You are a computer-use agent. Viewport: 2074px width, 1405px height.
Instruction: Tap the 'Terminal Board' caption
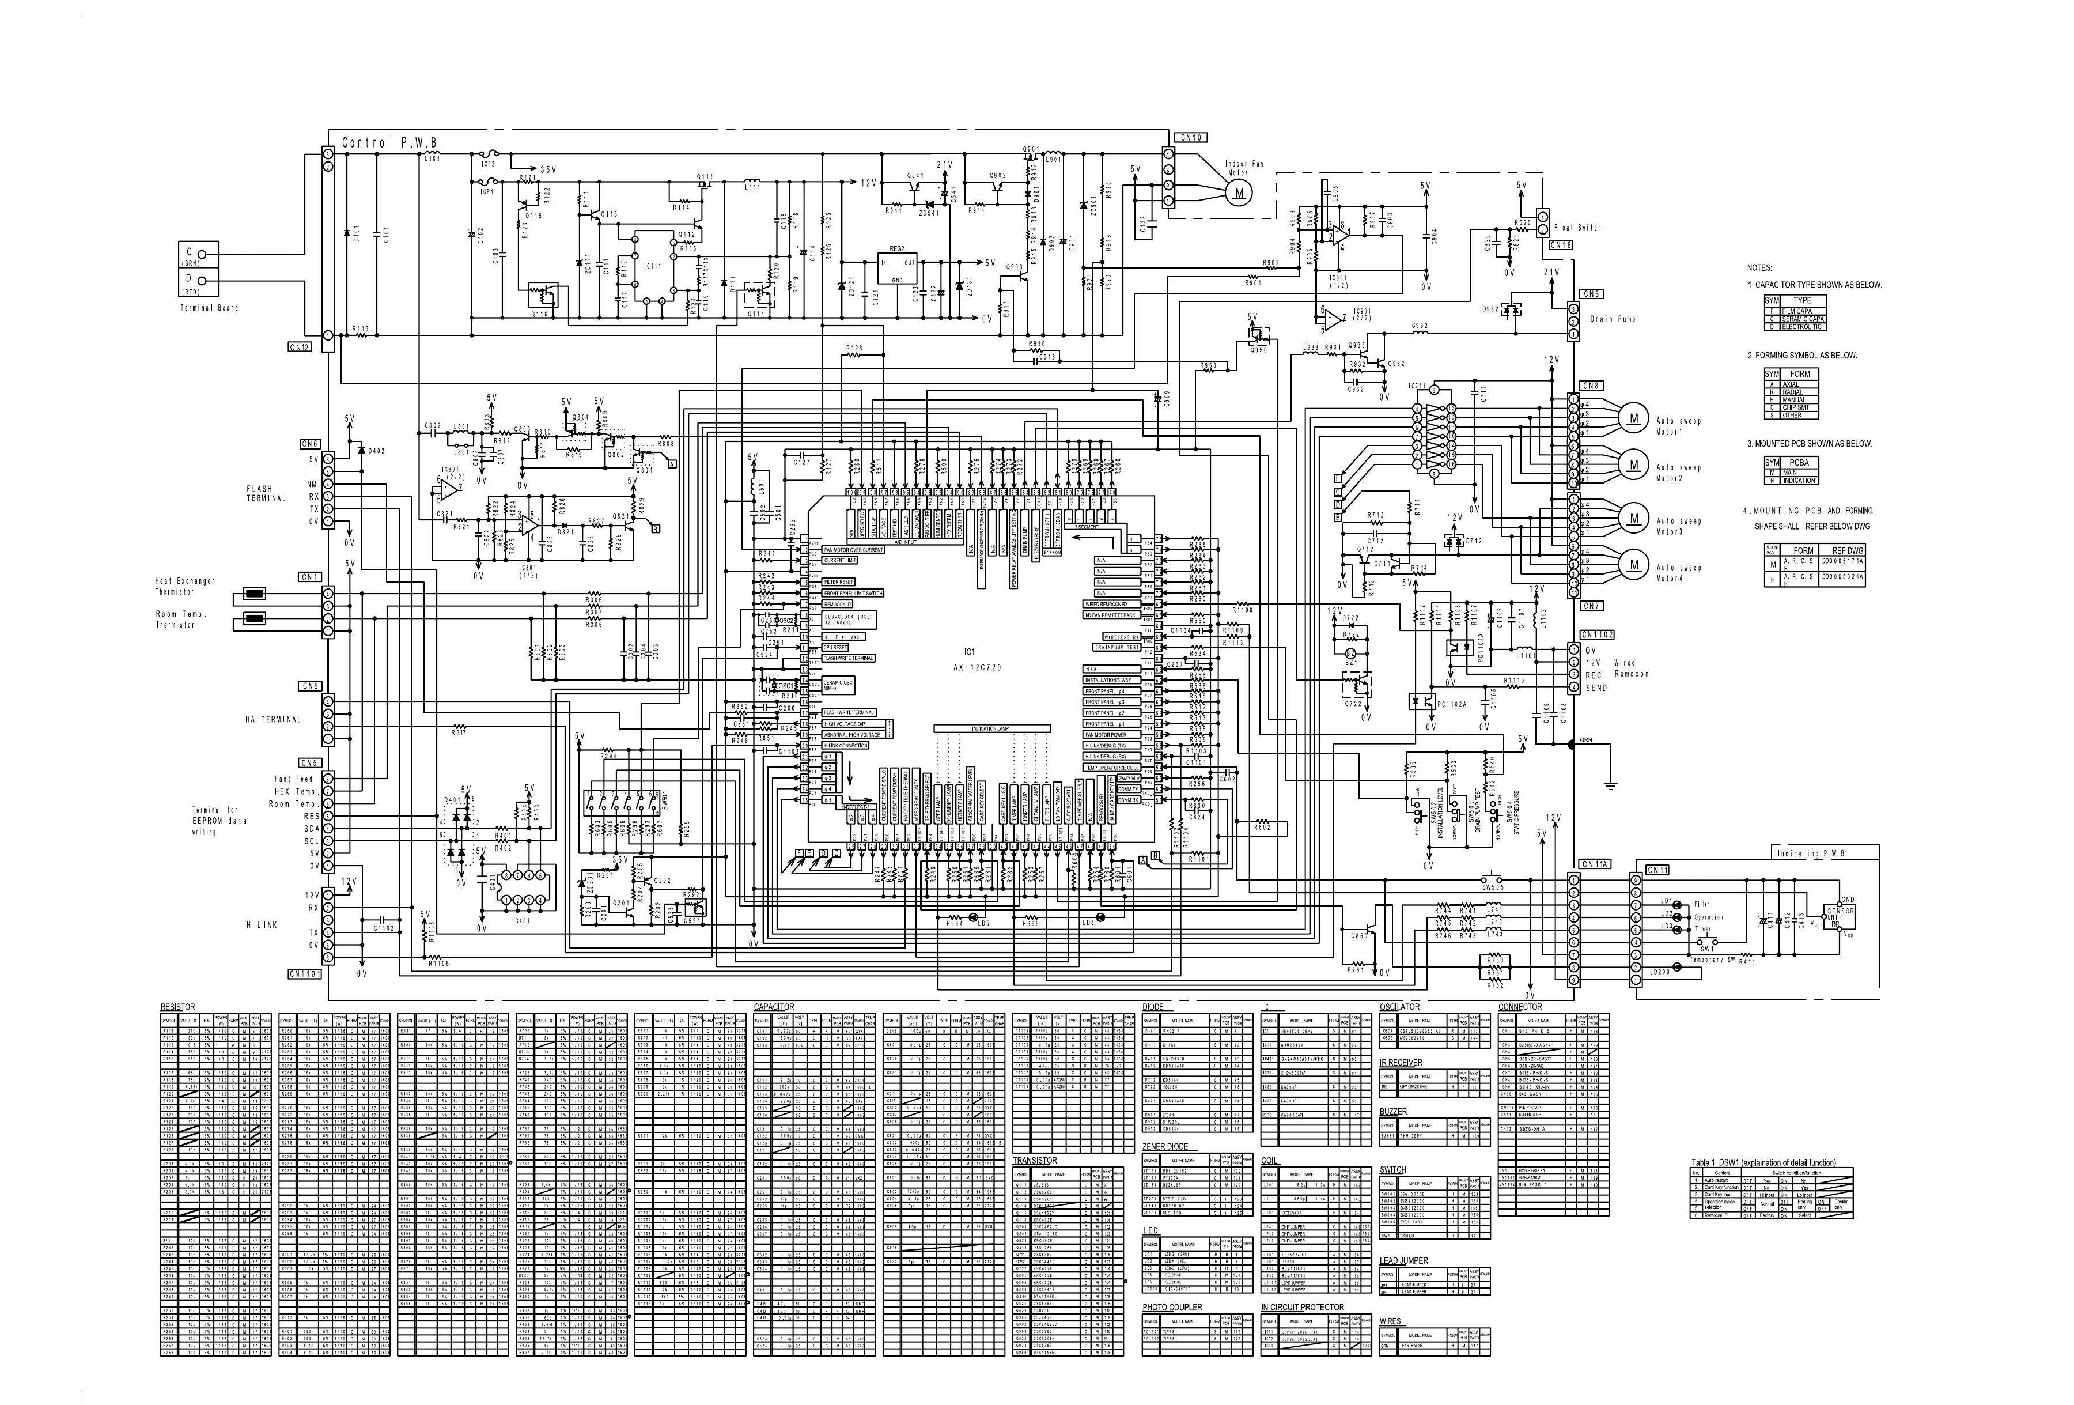click(x=210, y=308)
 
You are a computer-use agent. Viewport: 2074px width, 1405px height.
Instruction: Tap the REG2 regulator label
click(x=897, y=249)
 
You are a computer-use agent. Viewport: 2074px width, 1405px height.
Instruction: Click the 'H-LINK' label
click(x=262, y=926)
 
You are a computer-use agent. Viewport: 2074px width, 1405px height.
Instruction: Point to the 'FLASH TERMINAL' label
click(x=266, y=494)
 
